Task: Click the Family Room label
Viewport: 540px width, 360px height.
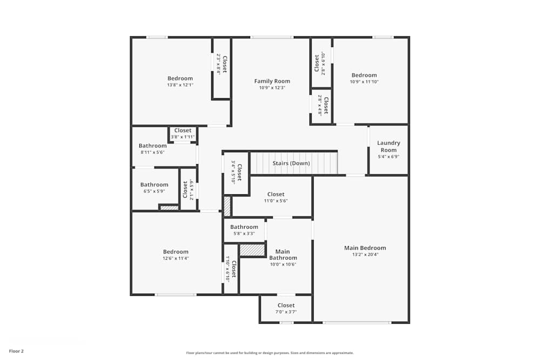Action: point(272,81)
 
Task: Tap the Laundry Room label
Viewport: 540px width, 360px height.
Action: point(388,147)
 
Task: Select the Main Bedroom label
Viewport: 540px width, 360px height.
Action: point(365,248)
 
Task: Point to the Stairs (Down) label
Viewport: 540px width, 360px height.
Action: point(291,163)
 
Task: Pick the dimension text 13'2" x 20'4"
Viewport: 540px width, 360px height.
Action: point(365,255)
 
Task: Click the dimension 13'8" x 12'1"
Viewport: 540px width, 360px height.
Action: point(180,85)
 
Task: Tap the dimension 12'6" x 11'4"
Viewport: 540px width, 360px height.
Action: point(176,258)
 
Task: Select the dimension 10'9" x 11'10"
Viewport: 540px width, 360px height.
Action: point(364,82)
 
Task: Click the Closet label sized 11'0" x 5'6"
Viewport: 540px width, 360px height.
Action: point(275,194)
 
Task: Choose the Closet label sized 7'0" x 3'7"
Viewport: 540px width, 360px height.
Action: point(286,305)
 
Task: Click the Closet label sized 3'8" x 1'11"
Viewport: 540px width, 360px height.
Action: point(183,131)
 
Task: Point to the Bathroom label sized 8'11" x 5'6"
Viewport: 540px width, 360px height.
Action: point(152,146)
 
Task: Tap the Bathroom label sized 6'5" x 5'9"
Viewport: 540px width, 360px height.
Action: point(154,185)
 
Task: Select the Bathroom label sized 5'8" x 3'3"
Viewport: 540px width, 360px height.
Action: point(244,227)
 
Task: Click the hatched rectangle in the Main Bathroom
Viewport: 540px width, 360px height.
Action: point(252,250)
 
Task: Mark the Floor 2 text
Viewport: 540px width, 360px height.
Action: point(16,351)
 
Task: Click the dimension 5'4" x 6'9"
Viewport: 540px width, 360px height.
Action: point(388,157)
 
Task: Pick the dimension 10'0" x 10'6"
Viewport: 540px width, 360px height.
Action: point(282,264)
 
